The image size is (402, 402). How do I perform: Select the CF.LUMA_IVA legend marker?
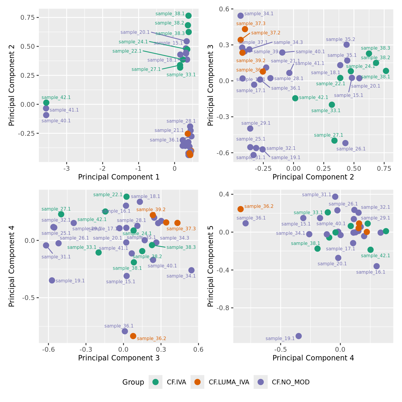197,382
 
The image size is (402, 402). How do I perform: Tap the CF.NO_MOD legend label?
290,382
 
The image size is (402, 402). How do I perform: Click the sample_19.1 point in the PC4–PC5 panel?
299,336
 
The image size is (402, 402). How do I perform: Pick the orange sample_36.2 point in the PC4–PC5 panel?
240,209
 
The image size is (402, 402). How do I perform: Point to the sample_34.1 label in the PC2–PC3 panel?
259,14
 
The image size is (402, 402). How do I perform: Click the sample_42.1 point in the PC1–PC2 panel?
46,103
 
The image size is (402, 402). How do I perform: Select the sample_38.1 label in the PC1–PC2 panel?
170,14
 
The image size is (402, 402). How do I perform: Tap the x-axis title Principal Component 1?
119,177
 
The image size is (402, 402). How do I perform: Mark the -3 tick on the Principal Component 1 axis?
67,168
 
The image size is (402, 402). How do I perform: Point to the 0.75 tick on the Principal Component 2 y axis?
28,17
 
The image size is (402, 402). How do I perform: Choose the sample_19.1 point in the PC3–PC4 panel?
52,280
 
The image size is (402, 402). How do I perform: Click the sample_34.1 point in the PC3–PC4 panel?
191,270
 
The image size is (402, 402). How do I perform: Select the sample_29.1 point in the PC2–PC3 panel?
250,129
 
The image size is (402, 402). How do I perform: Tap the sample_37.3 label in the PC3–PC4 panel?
181,229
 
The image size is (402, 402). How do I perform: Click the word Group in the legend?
133,382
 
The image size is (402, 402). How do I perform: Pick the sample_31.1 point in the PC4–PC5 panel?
335,197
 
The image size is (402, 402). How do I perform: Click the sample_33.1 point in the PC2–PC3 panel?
332,105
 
